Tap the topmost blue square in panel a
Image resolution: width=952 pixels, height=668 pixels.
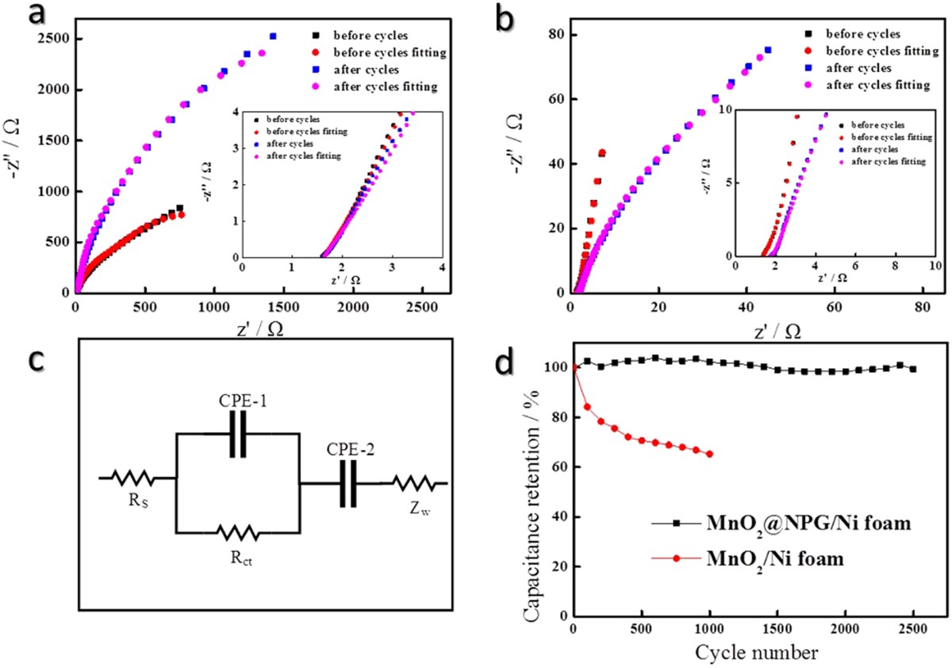(x=273, y=36)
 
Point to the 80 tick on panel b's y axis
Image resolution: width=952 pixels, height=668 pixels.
(x=554, y=35)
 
